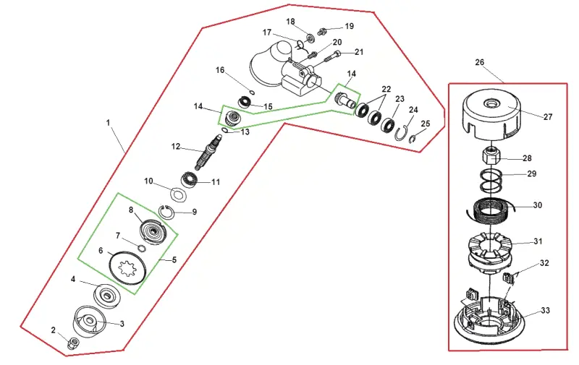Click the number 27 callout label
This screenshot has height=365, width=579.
tap(548, 117)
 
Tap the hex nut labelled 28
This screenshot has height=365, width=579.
tap(491, 156)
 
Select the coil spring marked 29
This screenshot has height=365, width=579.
tap(491, 181)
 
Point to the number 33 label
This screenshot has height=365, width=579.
tap(545, 311)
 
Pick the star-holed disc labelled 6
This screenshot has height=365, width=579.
tap(128, 268)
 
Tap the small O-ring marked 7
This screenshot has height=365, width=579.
tap(142, 248)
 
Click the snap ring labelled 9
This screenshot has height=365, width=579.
tap(166, 212)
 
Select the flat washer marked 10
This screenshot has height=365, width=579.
tap(179, 194)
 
